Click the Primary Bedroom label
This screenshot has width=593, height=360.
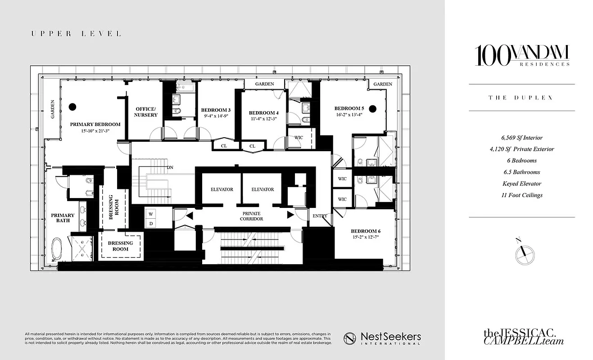tap(95, 124)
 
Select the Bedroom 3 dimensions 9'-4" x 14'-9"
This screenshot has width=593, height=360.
tap(216, 116)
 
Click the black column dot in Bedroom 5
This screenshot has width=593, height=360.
tap(372, 108)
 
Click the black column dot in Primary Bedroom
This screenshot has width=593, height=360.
tap(72, 107)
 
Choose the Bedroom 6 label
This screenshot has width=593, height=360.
tap(366, 231)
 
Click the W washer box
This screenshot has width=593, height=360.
tap(151, 214)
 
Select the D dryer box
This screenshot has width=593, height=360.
tap(151, 223)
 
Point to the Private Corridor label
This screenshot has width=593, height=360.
tap(251, 216)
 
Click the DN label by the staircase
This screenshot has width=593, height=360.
tap(170, 167)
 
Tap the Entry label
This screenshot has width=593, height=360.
tap(320, 216)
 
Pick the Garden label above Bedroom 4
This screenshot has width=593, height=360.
tap(264, 84)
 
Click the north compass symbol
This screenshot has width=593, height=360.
tap(525, 253)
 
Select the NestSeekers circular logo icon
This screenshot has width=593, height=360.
tap(351, 338)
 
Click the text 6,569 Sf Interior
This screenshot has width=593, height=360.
tap(521, 138)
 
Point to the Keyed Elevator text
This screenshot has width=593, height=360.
tap(521, 184)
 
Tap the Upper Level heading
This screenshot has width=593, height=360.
tap(76, 34)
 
